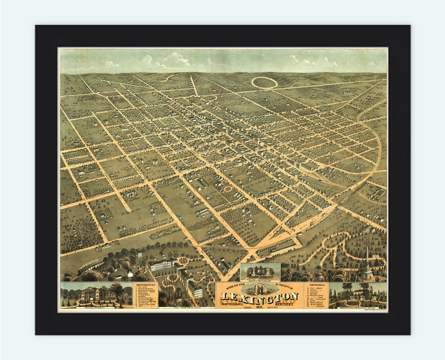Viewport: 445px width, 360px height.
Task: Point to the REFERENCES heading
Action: tap(146, 284)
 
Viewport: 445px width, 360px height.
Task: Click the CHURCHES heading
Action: tap(315, 285)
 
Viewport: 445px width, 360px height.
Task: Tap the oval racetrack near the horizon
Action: tap(264, 83)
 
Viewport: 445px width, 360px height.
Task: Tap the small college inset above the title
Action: tap(260, 272)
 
